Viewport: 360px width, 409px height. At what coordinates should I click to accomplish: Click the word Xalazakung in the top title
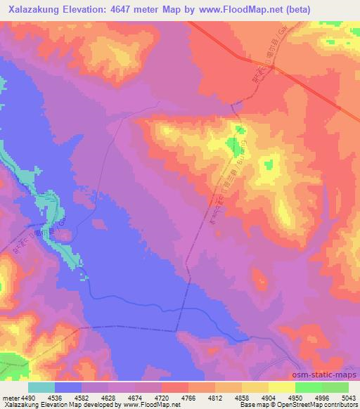pyautogui.click(x=34, y=10)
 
